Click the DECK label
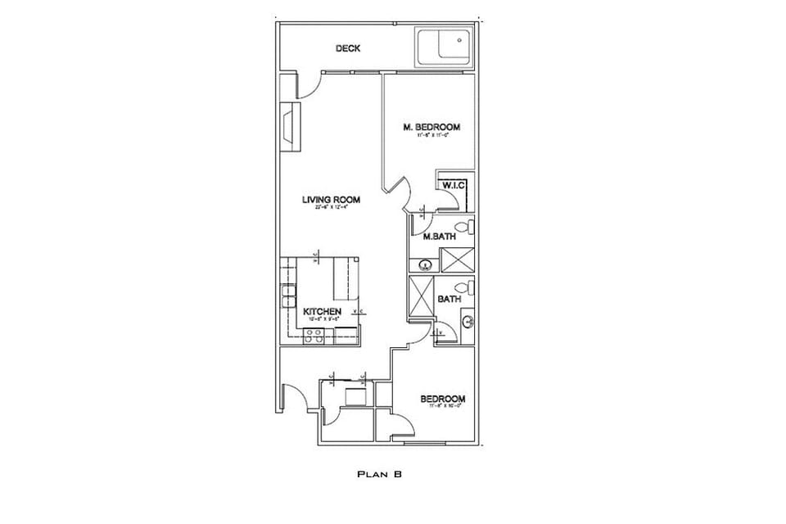coord(348,48)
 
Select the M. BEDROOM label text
coord(431,127)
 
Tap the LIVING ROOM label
coord(331,200)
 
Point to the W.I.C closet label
coord(454,186)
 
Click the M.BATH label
coord(439,237)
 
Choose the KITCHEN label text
coord(322,312)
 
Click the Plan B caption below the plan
coord(378,474)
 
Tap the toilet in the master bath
coord(463,226)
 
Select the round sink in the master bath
coord(425,264)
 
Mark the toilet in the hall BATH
coord(464,287)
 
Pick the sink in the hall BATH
coord(466,322)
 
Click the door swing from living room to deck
coord(309,87)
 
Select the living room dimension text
coord(331,208)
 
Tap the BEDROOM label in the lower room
coord(442,400)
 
